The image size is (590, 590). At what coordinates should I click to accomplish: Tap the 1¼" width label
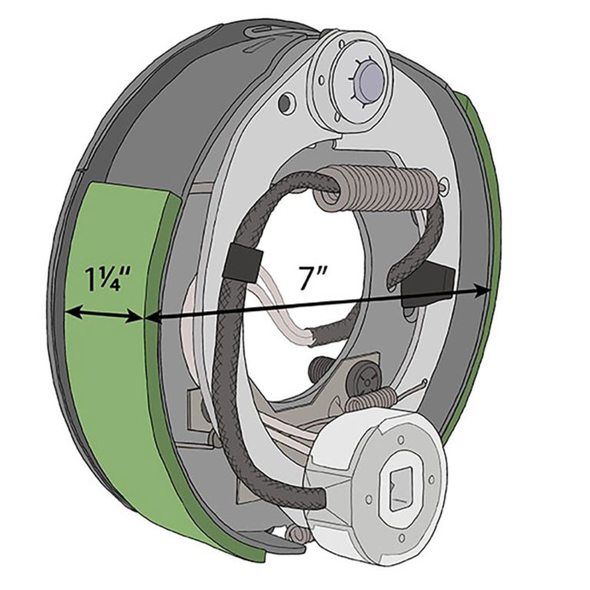pyautogui.click(x=105, y=277)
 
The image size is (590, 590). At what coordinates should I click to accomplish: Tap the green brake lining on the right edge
pyautogui.click(x=476, y=230)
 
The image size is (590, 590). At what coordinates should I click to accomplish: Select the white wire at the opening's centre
pyautogui.click(x=284, y=315)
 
